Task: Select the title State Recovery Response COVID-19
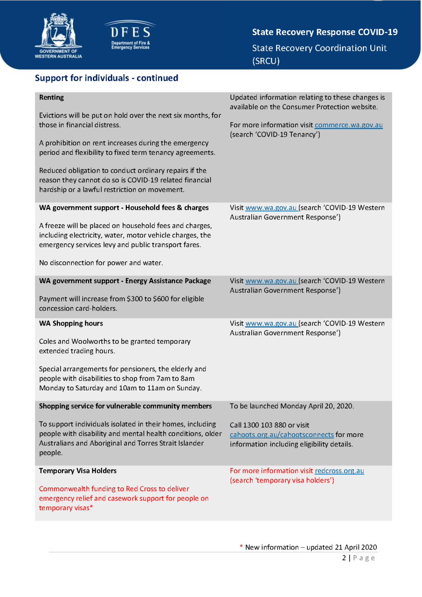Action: click(325, 32)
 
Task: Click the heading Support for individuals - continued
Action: click(106, 78)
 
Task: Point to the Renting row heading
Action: click(52, 97)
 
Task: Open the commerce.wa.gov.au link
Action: click(348, 125)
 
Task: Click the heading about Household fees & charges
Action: click(124, 208)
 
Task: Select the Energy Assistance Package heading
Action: click(125, 281)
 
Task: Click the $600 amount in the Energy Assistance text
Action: click(162, 299)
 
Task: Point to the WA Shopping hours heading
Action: click(71, 323)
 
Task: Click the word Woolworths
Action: click(92, 341)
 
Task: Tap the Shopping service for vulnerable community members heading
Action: click(125, 406)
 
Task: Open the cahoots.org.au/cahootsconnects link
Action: click(282, 435)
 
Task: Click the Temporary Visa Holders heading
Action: click(78, 471)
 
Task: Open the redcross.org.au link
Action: click(339, 471)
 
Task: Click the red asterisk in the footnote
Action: click(241, 547)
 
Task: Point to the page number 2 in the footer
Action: click(344, 558)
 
